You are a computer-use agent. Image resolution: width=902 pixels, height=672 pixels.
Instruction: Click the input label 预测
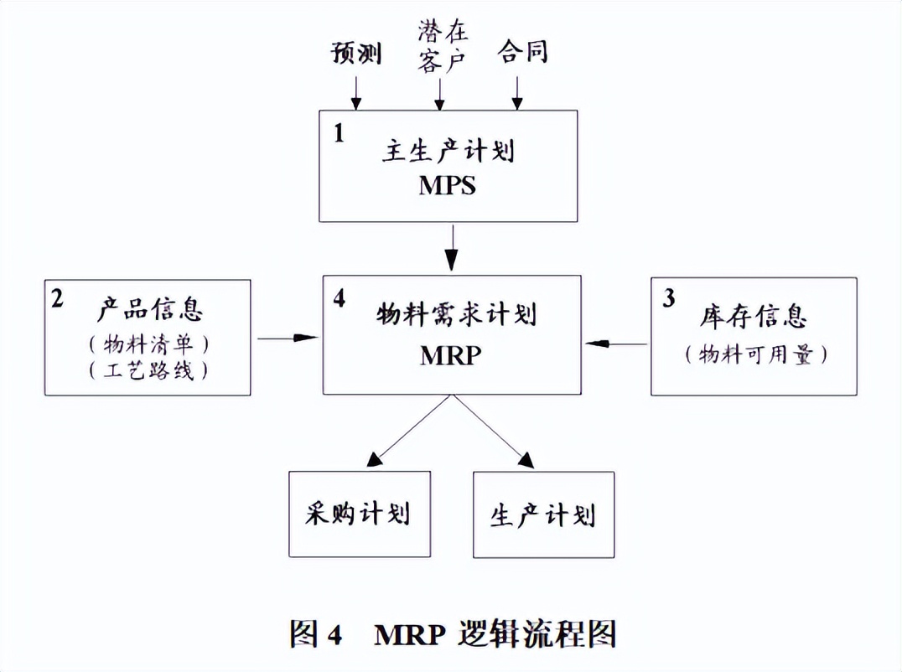pyautogui.click(x=355, y=54)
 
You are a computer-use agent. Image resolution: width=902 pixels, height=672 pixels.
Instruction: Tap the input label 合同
pyautogui.click(x=521, y=51)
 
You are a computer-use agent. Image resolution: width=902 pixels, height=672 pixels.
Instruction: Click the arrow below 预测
pyautogui.click(x=356, y=92)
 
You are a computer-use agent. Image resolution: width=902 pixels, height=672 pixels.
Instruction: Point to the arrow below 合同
pyautogui.click(x=517, y=92)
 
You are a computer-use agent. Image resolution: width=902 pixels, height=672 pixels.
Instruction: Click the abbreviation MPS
pyautogui.click(x=447, y=185)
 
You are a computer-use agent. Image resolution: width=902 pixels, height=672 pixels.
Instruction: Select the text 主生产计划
pyautogui.click(x=447, y=152)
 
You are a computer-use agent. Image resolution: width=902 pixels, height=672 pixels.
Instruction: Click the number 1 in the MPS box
pyautogui.click(x=339, y=134)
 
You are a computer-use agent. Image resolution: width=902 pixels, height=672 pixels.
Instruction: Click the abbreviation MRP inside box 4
pyautogui.click(x=450, y=354)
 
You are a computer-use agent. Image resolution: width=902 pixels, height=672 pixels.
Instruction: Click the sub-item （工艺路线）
pyautogui.click(x=149, y=370)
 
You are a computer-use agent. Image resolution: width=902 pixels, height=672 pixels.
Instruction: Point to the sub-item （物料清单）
pyautogui.click(x=149, y=344)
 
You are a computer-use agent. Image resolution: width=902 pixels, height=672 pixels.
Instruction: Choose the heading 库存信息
pyautogui.click(x=752, y=318)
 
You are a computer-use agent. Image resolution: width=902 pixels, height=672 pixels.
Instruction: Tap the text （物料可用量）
pyautogui.click(x=752, y=354)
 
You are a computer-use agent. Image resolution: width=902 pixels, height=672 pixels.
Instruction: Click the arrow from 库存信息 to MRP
pyautogui.click(x=618, y=343)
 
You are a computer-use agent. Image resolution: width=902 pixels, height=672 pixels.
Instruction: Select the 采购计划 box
pyautogui.click(x=360, y=514)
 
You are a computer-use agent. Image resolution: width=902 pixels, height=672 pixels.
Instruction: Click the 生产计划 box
pyautogui.click(x=543, y=514)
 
